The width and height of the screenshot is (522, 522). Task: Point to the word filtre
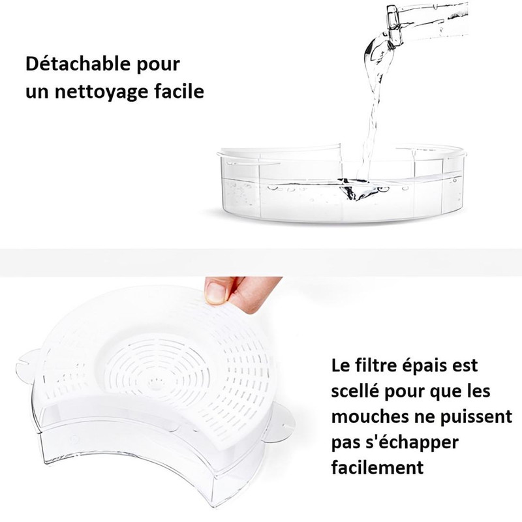click(374, 365)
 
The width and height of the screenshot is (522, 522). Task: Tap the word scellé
click(355, 390)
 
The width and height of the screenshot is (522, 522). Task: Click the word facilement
click(377, 468)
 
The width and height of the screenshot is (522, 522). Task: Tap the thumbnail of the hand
click(217, 293)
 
